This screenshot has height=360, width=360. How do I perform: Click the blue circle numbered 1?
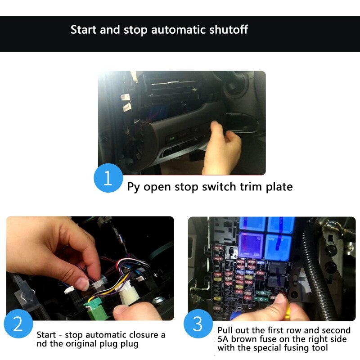click(108, 178)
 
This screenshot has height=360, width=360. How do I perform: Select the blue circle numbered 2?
click(18, 324)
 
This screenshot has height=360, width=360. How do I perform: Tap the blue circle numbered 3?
click(198, 324)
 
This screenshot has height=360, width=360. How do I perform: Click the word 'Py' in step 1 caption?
click(134, 187)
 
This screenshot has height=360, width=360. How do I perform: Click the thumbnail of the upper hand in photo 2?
click(82, 283)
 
